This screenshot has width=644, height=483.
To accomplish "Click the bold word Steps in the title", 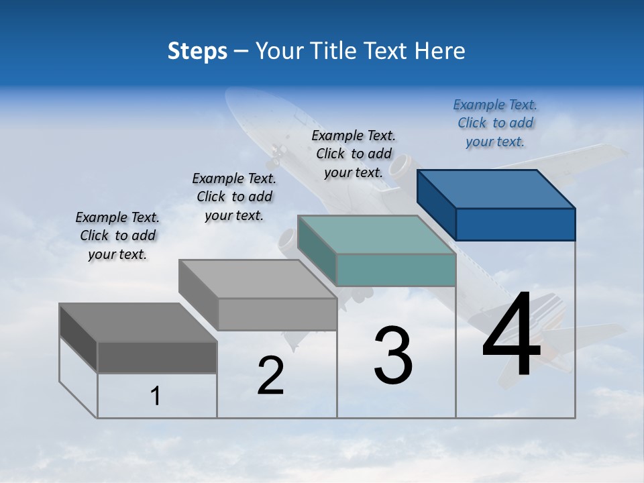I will coord(197,52).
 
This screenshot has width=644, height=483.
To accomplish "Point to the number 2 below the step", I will coord(271,376).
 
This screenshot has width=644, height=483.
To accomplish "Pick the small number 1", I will coord(156,396).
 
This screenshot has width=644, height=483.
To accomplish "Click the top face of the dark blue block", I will coord(496,189).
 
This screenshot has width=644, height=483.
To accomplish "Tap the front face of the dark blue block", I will coord(515,224).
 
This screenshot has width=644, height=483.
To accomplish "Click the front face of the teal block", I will coord(396,270).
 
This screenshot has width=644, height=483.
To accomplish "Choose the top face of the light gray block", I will coord(258,278).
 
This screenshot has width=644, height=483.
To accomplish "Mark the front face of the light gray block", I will coord(277,314).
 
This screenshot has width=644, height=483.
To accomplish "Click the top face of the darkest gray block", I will coord(138,323).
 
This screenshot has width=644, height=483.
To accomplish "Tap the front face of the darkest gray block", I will coord(157,357).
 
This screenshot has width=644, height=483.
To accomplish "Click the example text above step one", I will coord(117,236).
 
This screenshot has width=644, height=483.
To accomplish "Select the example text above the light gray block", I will coord(234,197).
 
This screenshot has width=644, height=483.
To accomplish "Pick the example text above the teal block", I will coord(354,154).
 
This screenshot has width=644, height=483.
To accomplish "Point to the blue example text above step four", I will coord(495,123).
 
